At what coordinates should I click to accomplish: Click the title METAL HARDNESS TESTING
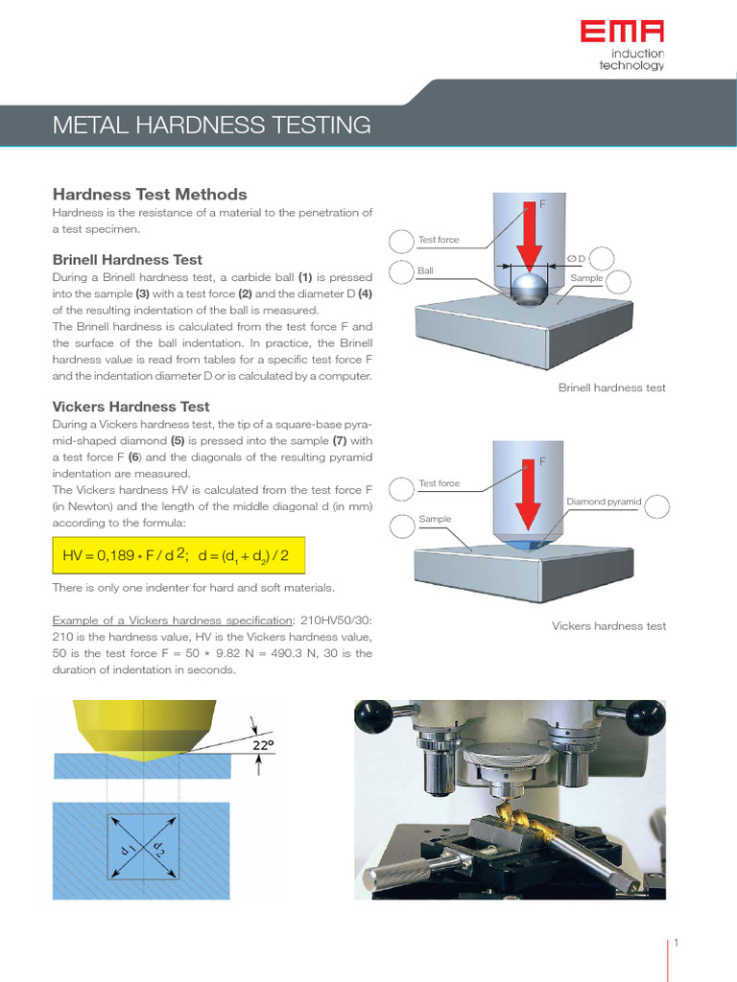211,125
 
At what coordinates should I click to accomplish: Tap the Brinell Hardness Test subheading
127,260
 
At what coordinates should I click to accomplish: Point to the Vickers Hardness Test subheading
131,407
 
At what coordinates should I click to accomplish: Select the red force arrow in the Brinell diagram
526,240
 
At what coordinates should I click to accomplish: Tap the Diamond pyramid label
604,502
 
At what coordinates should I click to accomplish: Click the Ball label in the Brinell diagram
426,271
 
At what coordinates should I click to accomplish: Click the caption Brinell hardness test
611,387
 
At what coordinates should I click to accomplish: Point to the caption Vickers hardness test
608,626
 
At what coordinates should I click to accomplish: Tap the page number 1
676,943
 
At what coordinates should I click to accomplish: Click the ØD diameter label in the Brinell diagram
576,259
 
